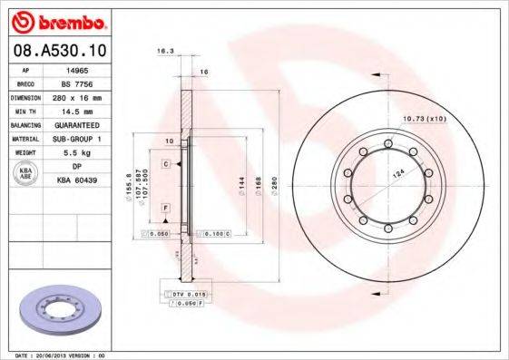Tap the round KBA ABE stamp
click(26, 173)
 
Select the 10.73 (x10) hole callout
click(423, 120)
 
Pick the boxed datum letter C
click(167, 163)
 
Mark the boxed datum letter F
click(167, 209)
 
